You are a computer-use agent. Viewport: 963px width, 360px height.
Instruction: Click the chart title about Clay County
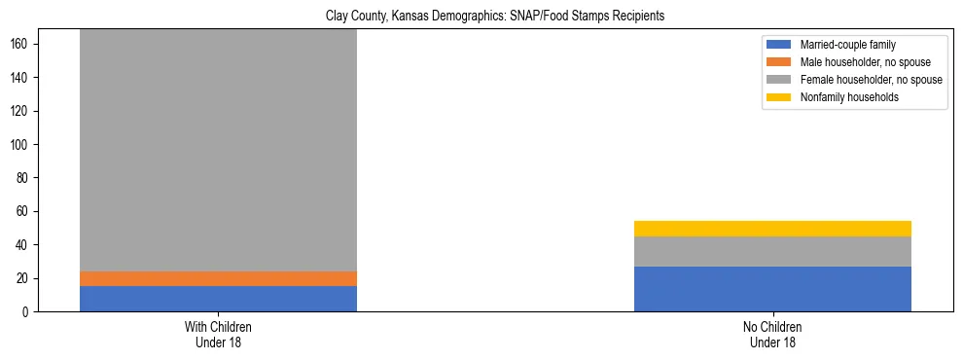(x=481, y=17)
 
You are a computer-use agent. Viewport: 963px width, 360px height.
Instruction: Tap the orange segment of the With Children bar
(x=218, y=278)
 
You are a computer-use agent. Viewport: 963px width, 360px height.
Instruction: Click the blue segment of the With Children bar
(x=218, y=299)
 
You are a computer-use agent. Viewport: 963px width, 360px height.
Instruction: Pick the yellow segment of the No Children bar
(x=772, y=229)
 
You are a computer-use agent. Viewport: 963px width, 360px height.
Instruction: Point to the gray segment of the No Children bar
(x=772, y=251)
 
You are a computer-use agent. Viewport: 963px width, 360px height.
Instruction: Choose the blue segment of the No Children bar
(x=772, y=289)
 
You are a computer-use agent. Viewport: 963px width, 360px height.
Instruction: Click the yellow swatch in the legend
(x=779, y=97)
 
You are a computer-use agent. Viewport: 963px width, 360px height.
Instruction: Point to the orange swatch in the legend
(x=779, y=62)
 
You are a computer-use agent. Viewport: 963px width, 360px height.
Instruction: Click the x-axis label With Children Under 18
(x=218, y=335)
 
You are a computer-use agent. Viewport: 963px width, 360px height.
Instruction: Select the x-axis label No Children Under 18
(x=772, y=335)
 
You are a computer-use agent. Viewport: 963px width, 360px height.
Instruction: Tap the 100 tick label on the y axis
(x=24, y=144)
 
